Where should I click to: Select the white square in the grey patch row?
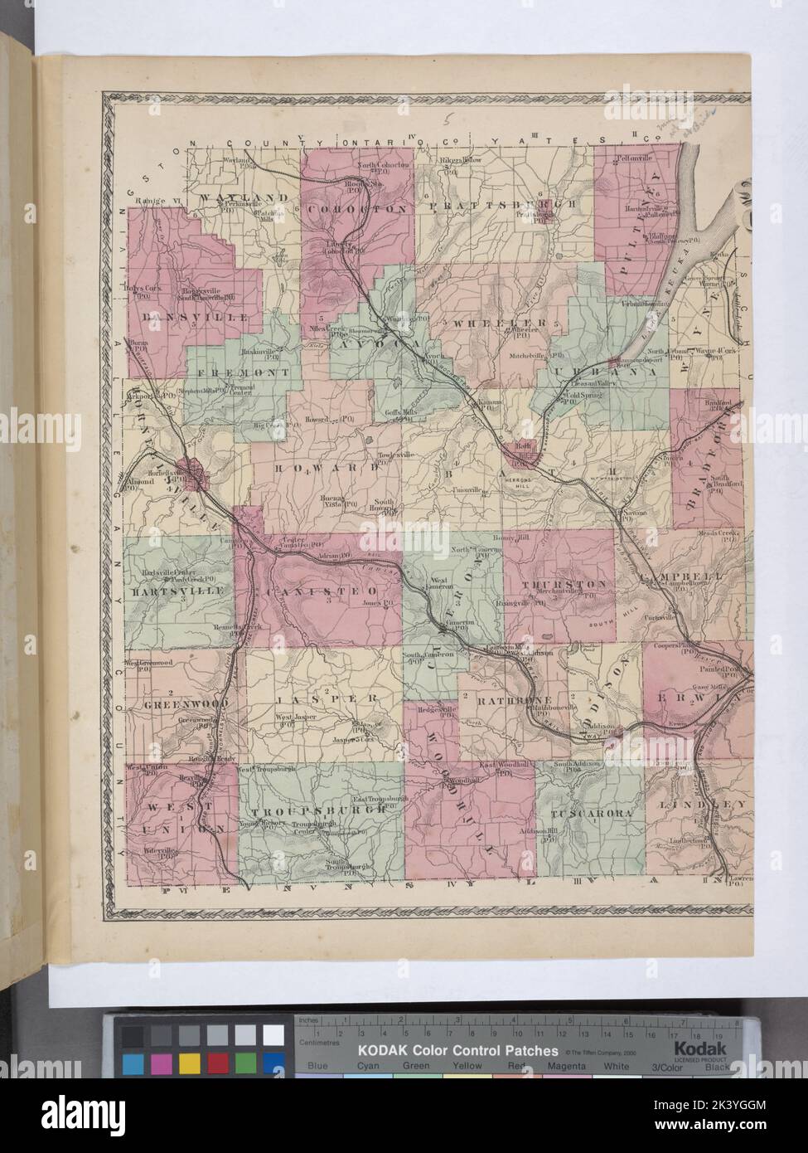(x=273, y=1035)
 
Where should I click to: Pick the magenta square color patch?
(x=161, y=1063)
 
